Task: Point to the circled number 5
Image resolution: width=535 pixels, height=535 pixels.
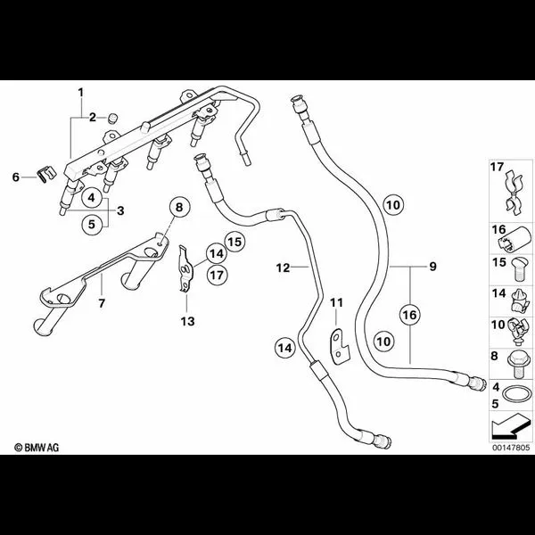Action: (91, 224)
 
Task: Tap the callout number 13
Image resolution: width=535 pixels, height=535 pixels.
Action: (185, 320)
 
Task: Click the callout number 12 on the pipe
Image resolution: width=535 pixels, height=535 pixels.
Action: (283, 267)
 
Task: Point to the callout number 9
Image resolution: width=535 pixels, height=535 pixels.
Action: (432, 267)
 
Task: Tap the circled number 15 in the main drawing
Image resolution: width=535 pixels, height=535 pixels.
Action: (235, 241)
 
